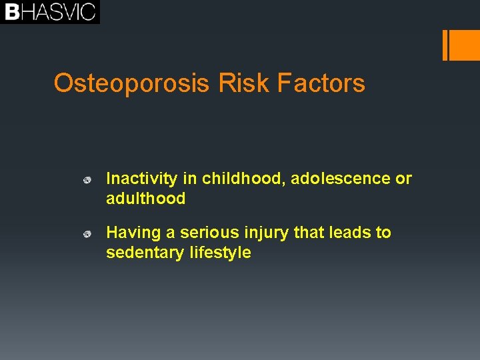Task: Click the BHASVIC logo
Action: pyautogui.click(x=50, y=12)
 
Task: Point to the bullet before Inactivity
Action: pyautogui.click(x=86, y=180)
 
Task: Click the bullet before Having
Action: pyautogui.click(x=86, y=234)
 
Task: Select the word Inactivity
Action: pyautogui.click(x=141, y=179)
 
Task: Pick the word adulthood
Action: pyautogui.click(x=145, y=199)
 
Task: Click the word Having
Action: pyautogui.click(x=133, y=233)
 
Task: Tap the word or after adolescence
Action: pyautogui.click(x=404, y=179)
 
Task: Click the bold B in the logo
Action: pyautogui.click(x=11, y=12)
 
